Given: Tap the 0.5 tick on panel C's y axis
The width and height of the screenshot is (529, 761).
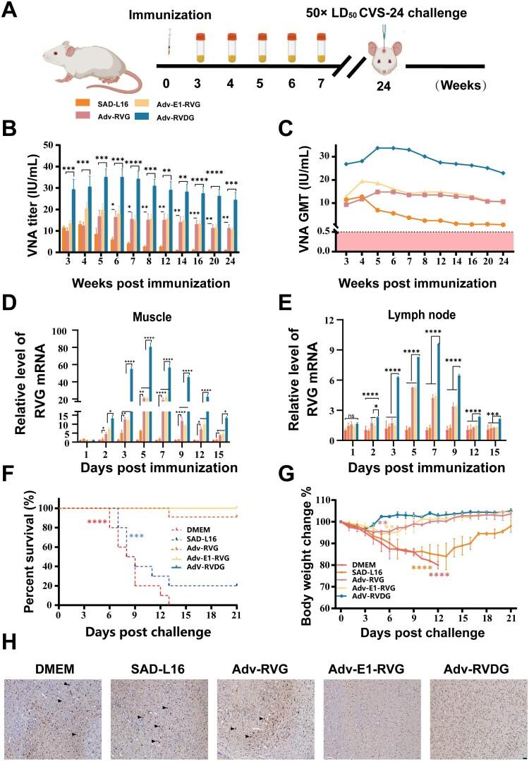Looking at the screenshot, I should pyautogui.click(x=324, y=230).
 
